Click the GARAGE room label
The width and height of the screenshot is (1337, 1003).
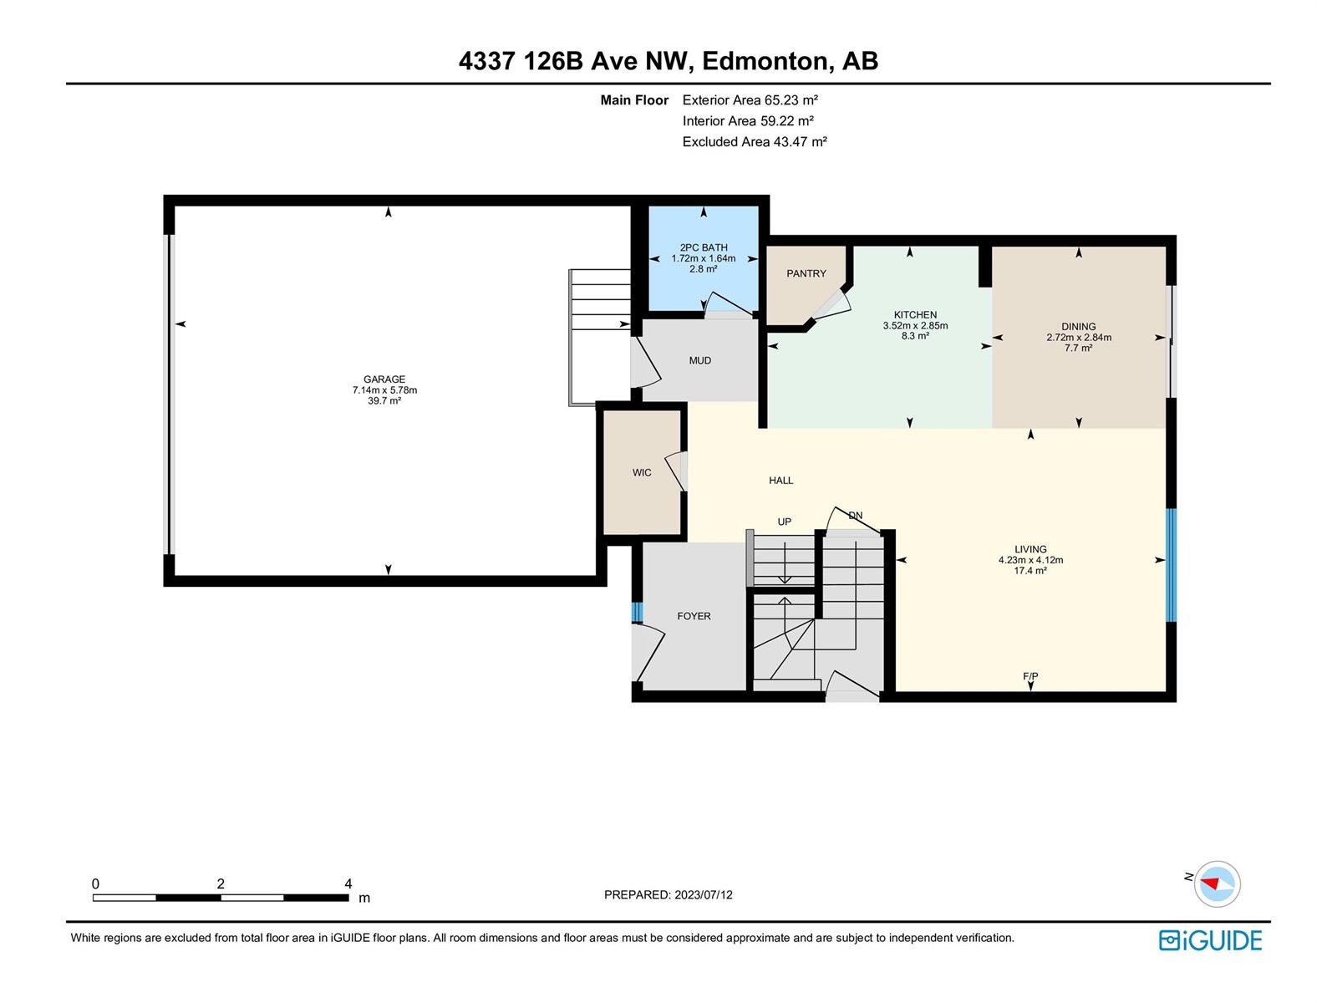click(x=384, y=379)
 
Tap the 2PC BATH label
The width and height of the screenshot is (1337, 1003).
click(x=704, y=247)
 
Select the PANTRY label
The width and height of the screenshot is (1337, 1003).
click(x=806, y=273)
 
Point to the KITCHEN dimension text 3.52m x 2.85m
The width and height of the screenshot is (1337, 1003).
click(x=915, y=325)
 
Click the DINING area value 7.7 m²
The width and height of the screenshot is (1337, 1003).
click(x=1078, y=348)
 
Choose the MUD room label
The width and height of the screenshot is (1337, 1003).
click(x=700, y=360)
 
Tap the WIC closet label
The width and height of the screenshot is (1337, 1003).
click(x=642, y=472)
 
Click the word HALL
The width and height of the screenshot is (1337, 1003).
click(x=780, y=481)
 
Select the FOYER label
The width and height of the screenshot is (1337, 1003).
click(x=694, y=616)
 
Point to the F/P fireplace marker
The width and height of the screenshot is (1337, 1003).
click(x=1030, y=676)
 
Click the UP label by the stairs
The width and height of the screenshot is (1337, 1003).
click(x=784, y=522)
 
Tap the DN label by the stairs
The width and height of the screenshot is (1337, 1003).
click(x=855, y=516)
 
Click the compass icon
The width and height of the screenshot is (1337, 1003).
click(x=1217, y=883)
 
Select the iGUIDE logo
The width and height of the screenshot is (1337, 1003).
click(x=1210, y=940)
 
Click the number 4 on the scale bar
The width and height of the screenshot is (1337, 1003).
click(x=348, y=883)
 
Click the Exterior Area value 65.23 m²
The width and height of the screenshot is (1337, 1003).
click(x=791, y=99)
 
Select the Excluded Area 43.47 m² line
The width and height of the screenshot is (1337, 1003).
click(x=755, y=141)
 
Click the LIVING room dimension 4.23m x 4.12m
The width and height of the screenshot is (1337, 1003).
click(x=1030, y=560)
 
